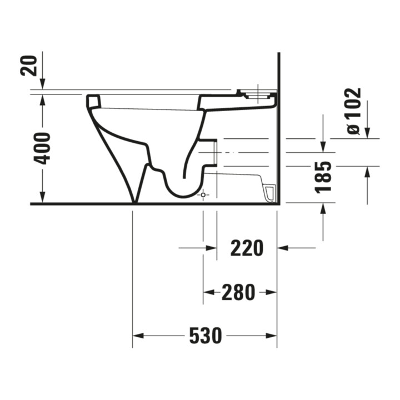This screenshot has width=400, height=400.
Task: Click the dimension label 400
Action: (42, 148)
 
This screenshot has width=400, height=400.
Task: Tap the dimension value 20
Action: (28, 66)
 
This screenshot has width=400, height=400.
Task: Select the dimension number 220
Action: (247, 248)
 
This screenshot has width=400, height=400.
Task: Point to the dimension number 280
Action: (238, 292)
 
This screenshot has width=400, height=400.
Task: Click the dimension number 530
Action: (206, 336)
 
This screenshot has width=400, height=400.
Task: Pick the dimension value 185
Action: (323, 177)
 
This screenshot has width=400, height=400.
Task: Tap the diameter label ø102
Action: (354, 111)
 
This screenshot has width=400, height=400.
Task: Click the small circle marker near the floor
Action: (203, 195)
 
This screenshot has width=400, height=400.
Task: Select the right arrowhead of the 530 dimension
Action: (271, 336)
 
